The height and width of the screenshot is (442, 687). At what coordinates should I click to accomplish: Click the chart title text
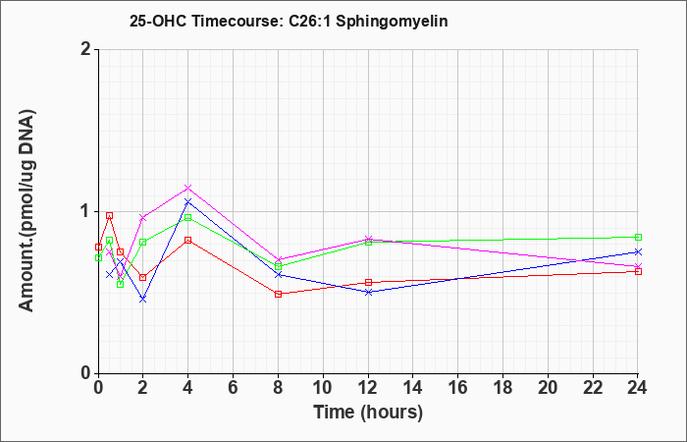tap(289, 21)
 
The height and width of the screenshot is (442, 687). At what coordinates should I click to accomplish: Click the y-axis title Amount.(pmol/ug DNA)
tap(27, 211)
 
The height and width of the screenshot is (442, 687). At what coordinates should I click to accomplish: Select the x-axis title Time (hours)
tap(368, 413)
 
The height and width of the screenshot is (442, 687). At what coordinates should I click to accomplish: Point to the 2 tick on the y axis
tap(86, 49)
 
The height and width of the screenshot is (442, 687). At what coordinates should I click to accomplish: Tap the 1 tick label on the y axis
tap(86, 211)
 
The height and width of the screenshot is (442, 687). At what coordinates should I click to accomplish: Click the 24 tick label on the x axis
tap(638, 388)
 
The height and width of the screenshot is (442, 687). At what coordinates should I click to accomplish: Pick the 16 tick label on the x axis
tap(458, 388)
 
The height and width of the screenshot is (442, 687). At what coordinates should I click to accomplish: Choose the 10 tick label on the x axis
tap(323, 388)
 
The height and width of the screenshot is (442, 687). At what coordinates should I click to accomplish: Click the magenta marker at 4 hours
tap(188, 189)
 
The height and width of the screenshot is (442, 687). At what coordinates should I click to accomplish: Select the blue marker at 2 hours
tap(143, 299)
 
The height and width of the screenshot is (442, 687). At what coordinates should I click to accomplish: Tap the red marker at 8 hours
tap(278, 294)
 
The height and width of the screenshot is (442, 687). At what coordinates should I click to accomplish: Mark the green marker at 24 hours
tap(638, 238)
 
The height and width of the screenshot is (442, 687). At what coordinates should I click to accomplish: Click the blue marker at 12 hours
tap(368, 292)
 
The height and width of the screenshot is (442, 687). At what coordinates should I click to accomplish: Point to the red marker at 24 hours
tap(638, 271)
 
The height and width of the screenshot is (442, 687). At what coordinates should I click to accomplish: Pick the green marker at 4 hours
tap(188, 217)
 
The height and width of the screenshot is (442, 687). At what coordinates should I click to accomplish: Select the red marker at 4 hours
tap(188, 241)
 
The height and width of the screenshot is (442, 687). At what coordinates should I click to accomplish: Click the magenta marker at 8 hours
tap(278, 259)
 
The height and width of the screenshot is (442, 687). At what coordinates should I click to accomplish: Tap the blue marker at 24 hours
tap(638, 251)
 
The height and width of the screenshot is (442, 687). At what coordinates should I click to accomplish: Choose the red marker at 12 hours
tap(368, 283)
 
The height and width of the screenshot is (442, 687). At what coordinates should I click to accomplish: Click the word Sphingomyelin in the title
tap(392, 22)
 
